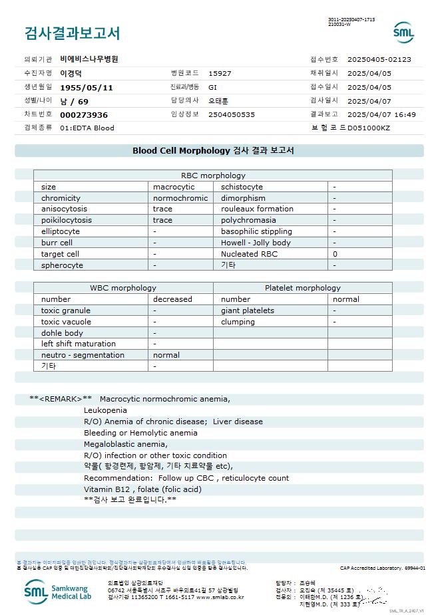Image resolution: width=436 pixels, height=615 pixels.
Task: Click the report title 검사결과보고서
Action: point(72,33)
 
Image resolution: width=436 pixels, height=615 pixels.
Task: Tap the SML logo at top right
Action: point(403,32)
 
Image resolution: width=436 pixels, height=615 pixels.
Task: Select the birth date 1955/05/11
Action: point(87,87)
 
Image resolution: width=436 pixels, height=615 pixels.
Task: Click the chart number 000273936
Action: point(83,114)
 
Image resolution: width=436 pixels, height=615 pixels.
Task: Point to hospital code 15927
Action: point(220,73)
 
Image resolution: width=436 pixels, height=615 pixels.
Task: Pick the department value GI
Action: point(212,87)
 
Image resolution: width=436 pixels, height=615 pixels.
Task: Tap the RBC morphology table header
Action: point(213,176)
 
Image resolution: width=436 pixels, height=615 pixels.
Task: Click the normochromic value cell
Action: point(180,198)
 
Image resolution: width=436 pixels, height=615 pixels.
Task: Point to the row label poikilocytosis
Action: point(67,220)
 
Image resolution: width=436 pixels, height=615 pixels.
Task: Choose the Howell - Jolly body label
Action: point(256,243)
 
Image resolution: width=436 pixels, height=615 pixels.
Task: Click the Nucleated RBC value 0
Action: point(335,254)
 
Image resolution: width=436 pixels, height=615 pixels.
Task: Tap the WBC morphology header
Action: point(123,288)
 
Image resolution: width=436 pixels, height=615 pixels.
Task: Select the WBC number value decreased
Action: point(172,299)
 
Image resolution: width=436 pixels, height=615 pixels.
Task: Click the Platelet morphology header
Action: point(302,288)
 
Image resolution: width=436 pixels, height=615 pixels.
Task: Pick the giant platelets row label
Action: point(247,310)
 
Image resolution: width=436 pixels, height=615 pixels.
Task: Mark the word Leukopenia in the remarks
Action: point(105,410)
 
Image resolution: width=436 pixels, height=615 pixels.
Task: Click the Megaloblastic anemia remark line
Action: point(126,444)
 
